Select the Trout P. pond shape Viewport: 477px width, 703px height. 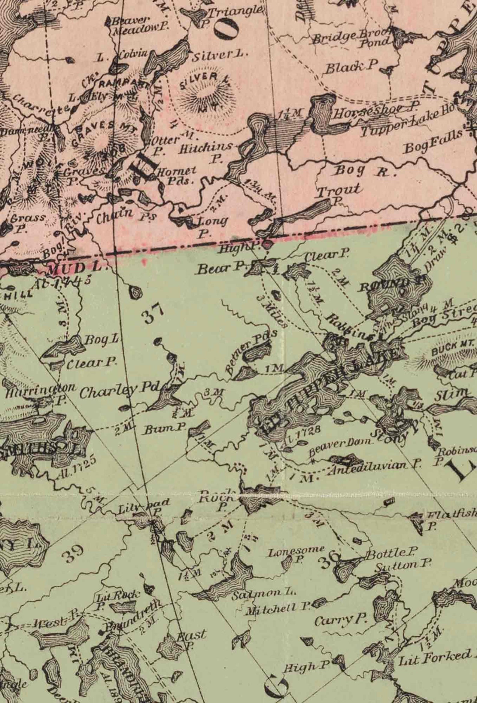305,213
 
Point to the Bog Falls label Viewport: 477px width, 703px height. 434,141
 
